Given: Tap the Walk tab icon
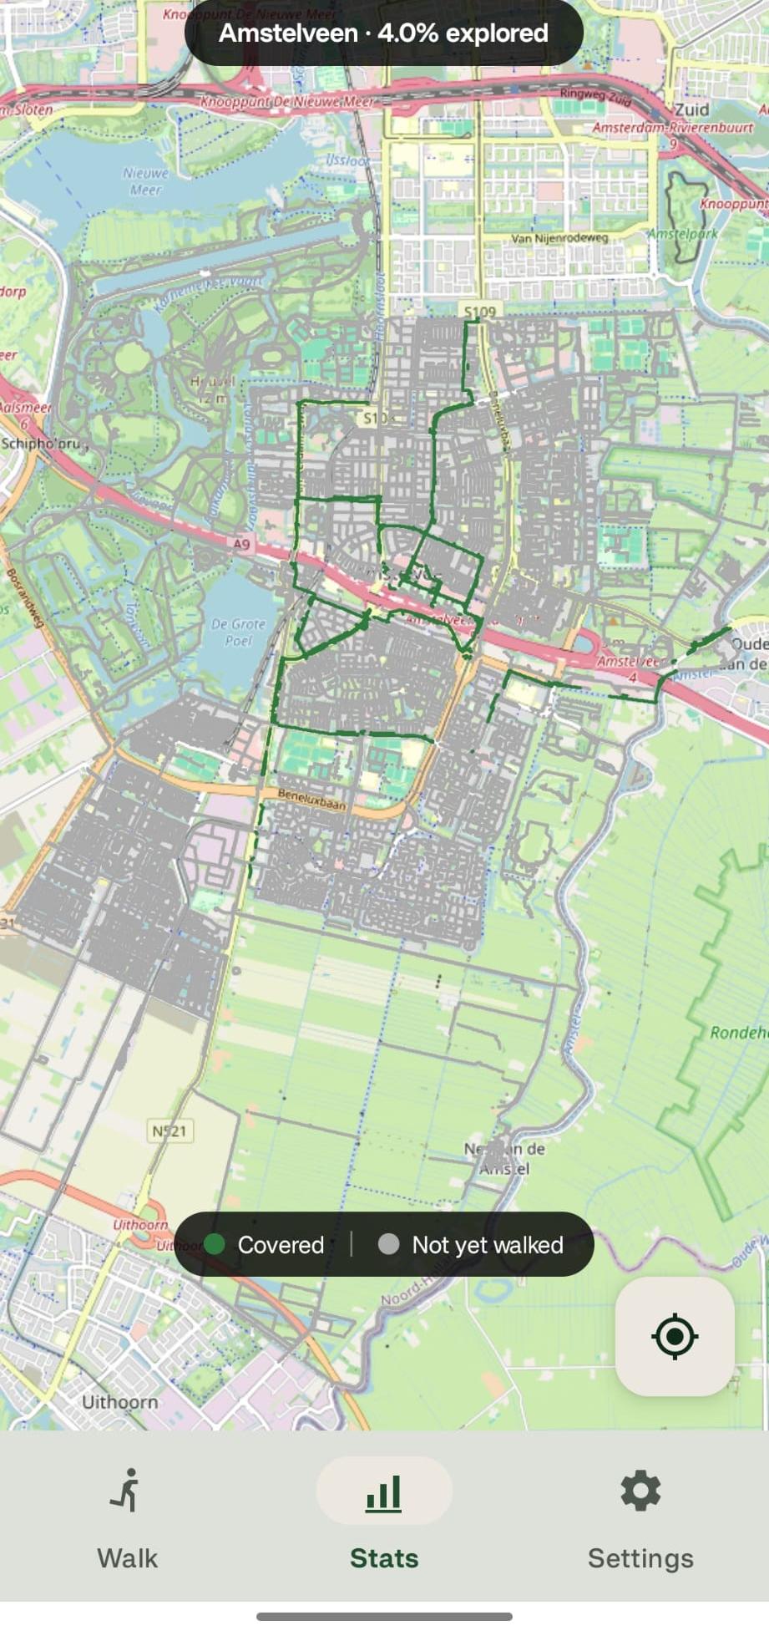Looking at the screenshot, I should click(x=128, y=1491).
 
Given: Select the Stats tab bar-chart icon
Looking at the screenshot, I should click(x=384, y=1492).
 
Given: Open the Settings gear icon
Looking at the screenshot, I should click(x=640, y=1491).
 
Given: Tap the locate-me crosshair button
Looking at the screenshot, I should click(x=675, y=1336).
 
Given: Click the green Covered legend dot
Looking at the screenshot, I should click(x=215, y=1244).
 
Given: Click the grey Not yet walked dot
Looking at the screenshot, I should click(x=388, y=1244).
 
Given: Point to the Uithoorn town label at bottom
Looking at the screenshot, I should click(x=119, y=1401).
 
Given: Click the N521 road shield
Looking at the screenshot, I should click(x=169, y=1131).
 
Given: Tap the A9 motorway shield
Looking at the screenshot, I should click(x=240, y=544).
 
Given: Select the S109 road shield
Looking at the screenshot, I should click(x=480, y=312).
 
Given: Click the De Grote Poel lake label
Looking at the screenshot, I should click(x=238, y=632).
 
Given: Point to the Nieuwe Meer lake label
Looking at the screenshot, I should click(x=145, y=181).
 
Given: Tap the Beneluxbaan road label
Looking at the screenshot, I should click(x=311, y=800).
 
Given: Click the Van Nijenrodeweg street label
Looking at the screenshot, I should click(x=559, y=238).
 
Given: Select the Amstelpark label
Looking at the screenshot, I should click(x=683, y=234).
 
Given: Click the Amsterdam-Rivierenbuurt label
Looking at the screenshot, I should click(x=672, y=128).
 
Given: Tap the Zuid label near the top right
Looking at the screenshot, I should click(x=691, y=109).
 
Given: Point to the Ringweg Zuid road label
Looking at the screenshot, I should click(x=595, y=95).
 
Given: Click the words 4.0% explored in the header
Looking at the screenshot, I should click(x=463, y=33).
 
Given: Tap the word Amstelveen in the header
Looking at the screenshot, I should click(x=288, y=33).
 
